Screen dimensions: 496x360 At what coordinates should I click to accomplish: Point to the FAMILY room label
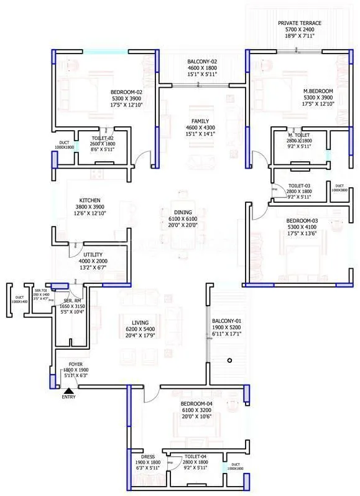[x=201, y=122]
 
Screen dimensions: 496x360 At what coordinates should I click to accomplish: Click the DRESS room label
[x=148, y=456]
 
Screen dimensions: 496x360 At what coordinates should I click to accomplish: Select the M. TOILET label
[x=299, y=134]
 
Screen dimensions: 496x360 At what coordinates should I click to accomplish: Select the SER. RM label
[x=72, y=300]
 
